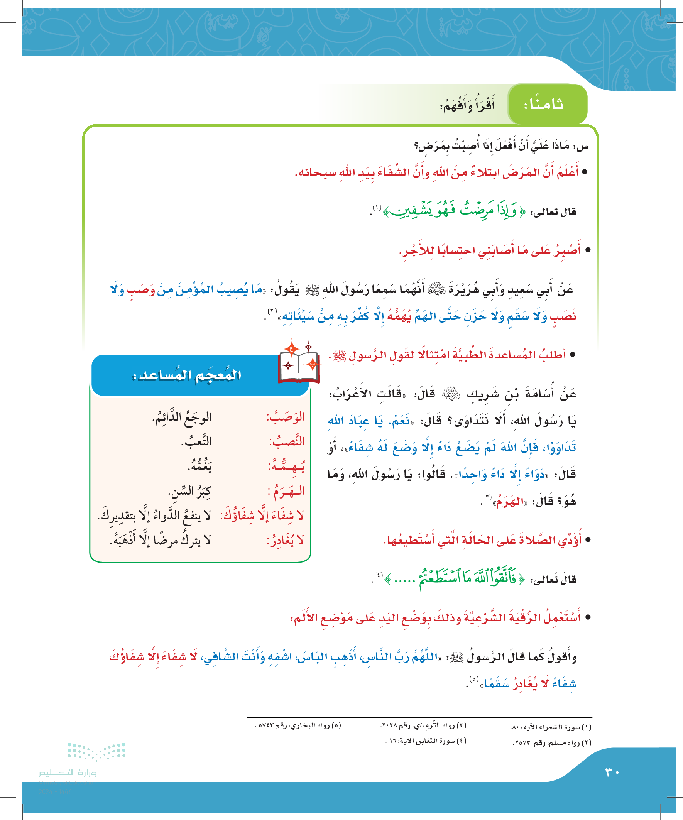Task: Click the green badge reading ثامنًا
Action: pyautogui.click(x=547, y=104)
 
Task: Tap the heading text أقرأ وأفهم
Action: pyautogui.click(x=467, y=105)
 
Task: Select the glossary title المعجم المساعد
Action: pyautogui.click(x=187, y=375)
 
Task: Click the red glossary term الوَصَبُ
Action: pyautogui.click(x=286, y=418)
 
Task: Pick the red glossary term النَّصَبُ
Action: pyautogui.click(x=287, y=441)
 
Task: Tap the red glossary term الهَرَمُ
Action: pyautogui.click(x=286, y=491)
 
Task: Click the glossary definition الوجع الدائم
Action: pyautogui.click(x=182, y=418)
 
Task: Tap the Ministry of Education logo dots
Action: pyautogui.click(x=96, y=751)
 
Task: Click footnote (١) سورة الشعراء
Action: pyautogui.click(x=551, y=727)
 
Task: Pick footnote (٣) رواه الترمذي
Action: pyautogui.click(x=423, y=725)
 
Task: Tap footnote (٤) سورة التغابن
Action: pyautogui.click(x=426, y=741)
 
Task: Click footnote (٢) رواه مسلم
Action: pyautogui.click(x=552, y=742)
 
